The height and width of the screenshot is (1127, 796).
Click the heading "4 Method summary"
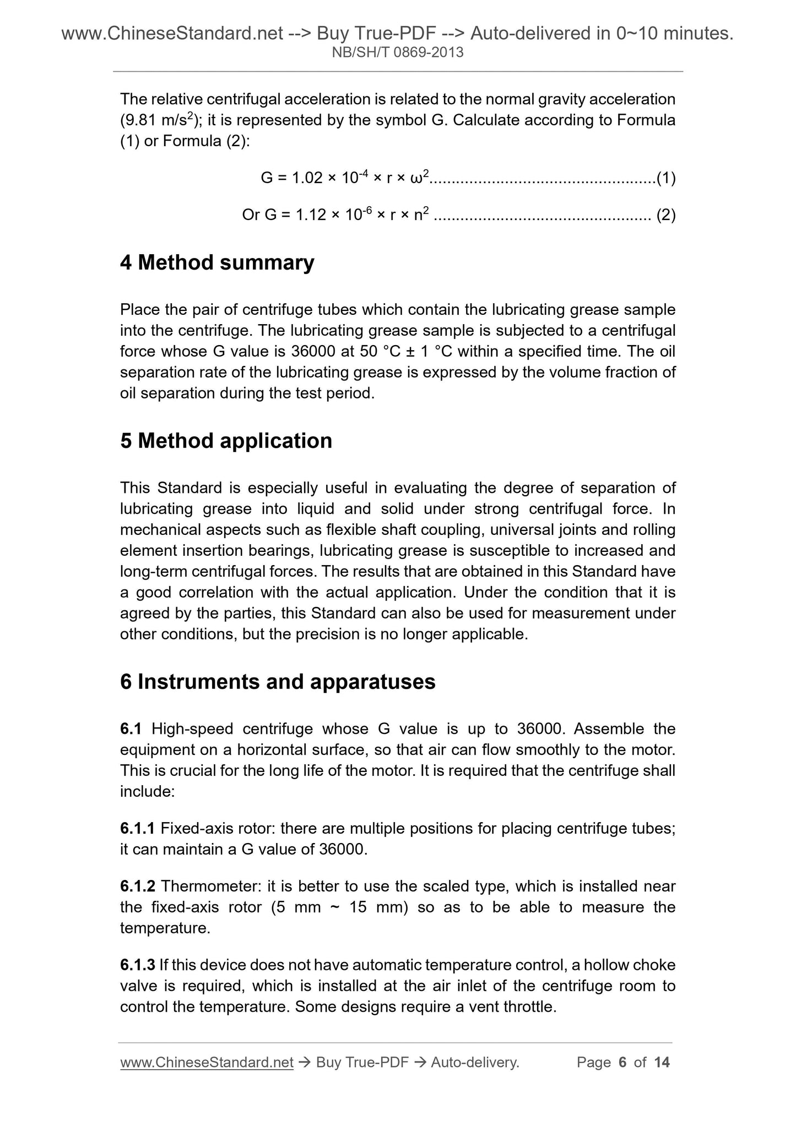[217, 262]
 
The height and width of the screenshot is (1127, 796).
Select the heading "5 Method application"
[226, 441]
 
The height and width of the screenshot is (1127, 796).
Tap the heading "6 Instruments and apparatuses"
[278, 682]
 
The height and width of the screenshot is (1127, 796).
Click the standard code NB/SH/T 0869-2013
[398, 53]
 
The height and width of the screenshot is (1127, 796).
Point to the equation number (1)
[666, 178]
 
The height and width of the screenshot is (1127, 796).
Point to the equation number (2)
[666, 215]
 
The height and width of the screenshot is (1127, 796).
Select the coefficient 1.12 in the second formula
[311, 215]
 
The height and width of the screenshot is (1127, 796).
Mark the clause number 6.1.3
[137, 965]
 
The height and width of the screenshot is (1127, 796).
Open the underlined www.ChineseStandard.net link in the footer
[207, 1062]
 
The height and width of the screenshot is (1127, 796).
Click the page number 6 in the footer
[623, 1062]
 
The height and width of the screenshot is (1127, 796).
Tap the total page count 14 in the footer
[662, 1062]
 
